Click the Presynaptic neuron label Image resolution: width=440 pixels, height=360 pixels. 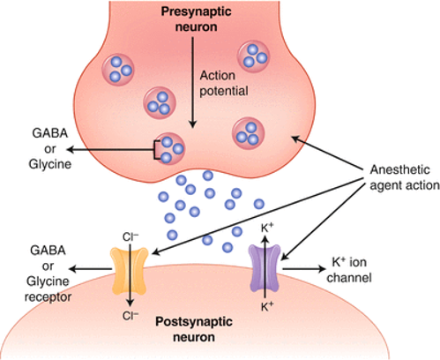pos(196,19)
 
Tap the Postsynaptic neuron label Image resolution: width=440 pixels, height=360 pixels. pos(194,329)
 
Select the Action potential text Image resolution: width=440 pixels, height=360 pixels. pos(224,83)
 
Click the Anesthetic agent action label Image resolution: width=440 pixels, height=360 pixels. pos(405,177)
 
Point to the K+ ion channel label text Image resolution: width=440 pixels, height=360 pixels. pos(349,269)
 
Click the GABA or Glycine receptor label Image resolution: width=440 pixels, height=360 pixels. pos(48,274)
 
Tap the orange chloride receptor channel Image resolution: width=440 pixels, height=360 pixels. pos(129,271)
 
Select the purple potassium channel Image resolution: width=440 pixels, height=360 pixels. pos(265,268)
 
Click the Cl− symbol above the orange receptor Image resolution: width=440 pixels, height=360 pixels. pos(131,236)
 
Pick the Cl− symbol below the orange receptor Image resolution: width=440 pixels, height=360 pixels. pos(131,316)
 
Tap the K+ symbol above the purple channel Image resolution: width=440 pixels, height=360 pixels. pos(267,228)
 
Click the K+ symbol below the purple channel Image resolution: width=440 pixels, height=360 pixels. pos(267,306)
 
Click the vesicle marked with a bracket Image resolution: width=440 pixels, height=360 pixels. pos(170,149)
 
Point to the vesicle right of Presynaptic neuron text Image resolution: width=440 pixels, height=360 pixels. pos(253,56)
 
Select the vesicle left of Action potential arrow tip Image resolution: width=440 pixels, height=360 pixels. pos(160,102)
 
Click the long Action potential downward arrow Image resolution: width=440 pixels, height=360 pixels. pos(193,82)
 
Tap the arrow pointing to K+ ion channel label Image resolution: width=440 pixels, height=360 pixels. pos(304,268)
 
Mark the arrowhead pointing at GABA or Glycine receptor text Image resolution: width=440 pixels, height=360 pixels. pos(72,268)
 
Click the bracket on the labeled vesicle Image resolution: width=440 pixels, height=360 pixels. pos(157,150)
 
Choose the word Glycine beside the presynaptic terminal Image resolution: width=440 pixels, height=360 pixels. pos(50,164)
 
